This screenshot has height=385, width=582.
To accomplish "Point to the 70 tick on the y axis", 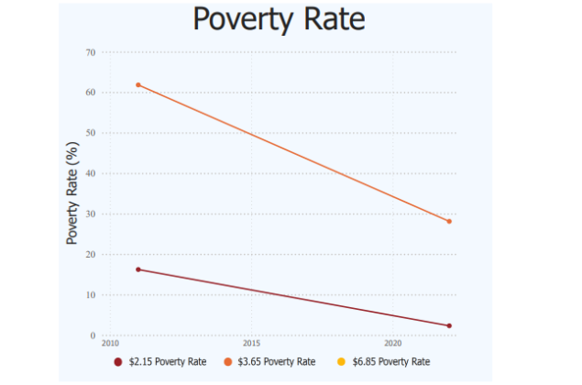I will [x=91, y=52].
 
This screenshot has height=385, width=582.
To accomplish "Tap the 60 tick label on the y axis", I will [x=91, y=93].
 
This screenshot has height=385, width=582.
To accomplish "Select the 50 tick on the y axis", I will [x=91, y=133].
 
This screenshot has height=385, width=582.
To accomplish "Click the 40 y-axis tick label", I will [x=91, y=173].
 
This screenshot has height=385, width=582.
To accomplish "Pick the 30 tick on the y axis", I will [x=91, y=214].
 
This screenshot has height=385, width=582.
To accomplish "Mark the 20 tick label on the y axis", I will [x=91, y=255].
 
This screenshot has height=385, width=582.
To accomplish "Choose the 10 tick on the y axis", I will [x=91, y=295].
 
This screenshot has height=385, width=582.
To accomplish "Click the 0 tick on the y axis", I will [x=93, y=335].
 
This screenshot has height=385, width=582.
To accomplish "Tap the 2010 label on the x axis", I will [x=110, y=343].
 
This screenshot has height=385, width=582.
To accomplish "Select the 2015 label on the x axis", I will [x=251, y=343].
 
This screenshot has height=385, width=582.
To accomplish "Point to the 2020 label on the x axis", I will [x=392, y=343].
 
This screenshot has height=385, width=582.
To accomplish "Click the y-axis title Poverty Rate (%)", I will [x=71, y=194].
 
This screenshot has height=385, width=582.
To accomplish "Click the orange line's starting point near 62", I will [x=138, y=85].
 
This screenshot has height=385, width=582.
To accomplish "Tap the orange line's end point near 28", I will [x=449, y=222].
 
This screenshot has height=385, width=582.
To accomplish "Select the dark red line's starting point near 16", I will [x=138, y=269].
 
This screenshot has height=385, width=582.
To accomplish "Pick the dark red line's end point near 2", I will [x=449, y=326].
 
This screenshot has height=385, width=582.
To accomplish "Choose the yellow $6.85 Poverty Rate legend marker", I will [x=341, y=362].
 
